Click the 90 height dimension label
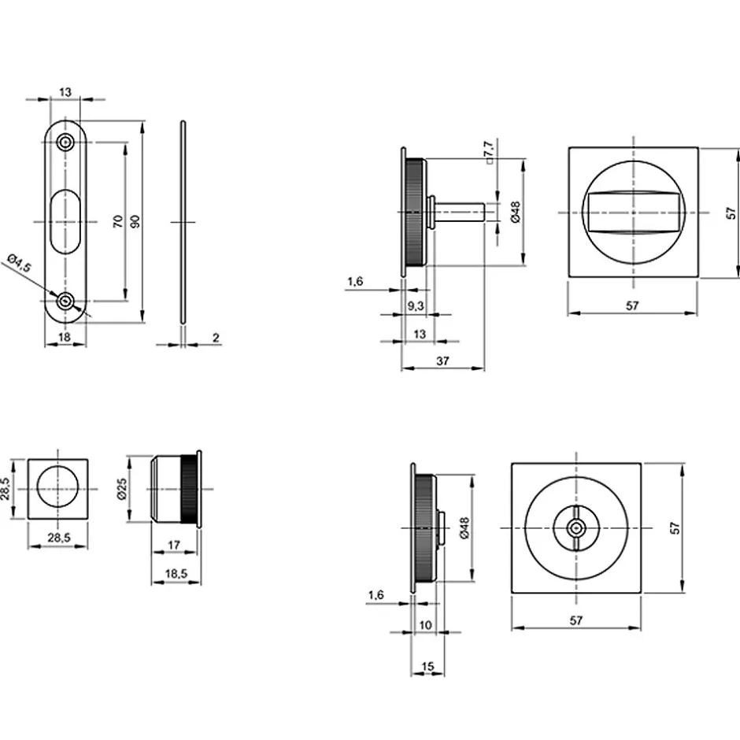click(x=135, y=221)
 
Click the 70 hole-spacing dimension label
click(x=118, y=221)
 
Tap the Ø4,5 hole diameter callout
click(x=20, y=262)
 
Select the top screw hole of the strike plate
click(x=65, y=142)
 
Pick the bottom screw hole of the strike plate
click(x=65, y=301)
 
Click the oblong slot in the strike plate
click(x=65, y=221)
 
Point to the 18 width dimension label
click(x=65, y=336)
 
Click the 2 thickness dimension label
click(x=216, y=338)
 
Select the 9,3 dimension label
click(x=416, y=306)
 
